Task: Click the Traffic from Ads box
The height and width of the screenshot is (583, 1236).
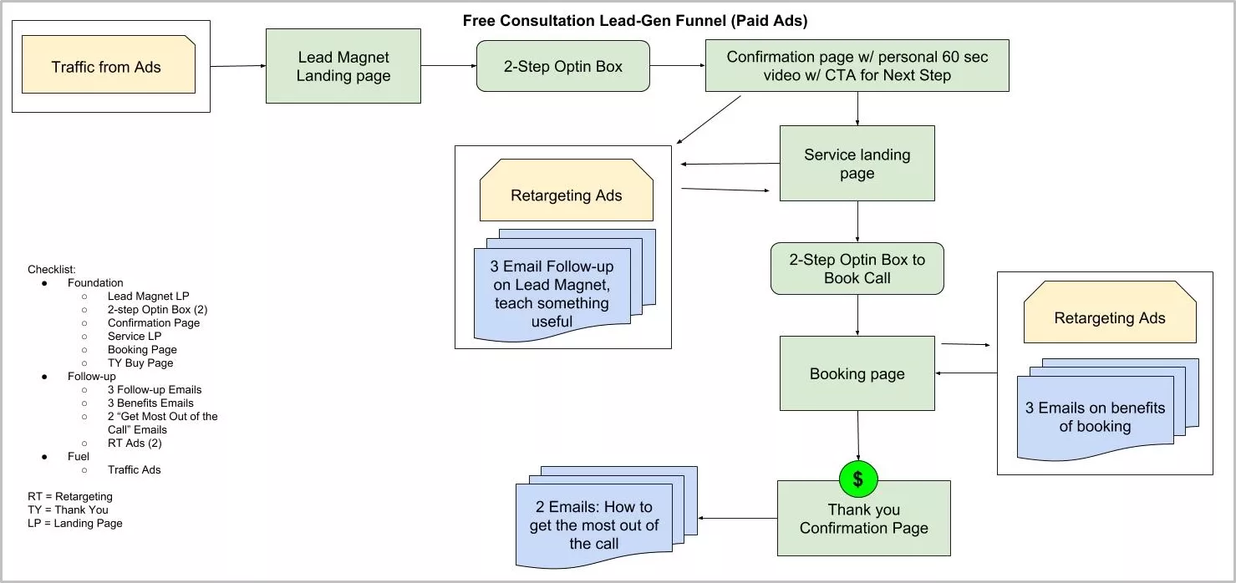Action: (108, 65)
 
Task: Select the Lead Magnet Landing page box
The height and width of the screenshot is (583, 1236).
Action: (343, 67)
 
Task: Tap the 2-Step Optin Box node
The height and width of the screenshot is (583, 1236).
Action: (562, 67)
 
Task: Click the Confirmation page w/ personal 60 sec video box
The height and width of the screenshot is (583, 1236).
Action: (857, 66)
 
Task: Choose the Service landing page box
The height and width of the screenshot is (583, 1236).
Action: (857, 164)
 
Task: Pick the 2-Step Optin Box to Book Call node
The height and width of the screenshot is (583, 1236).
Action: (857, 269)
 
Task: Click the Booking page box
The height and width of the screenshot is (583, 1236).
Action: (857, 373)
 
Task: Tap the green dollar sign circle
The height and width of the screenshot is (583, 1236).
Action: (858, 479)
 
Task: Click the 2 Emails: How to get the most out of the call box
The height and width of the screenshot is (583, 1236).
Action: (593, 525)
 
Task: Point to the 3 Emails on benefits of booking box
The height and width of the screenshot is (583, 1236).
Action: (1095, 417)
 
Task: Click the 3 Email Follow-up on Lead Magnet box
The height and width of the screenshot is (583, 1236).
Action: (552, 294)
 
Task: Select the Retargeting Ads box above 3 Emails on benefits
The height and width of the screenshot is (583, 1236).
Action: (1109, 317)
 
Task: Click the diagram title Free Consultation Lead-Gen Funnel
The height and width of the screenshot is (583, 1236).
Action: (635, 20)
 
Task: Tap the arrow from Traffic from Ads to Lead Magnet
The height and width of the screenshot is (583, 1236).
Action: (237, 66)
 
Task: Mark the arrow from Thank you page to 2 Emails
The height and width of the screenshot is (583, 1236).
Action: (737, 519)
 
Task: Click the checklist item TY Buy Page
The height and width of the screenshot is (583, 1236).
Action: (140, 363)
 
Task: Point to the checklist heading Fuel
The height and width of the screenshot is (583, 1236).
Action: (79, 457)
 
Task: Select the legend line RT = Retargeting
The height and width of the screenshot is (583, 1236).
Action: (70, 497)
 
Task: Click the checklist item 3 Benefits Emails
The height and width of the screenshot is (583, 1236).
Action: (150, 403)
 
